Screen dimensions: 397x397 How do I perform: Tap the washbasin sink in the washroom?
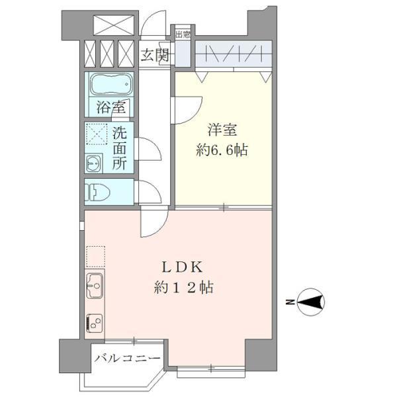92,162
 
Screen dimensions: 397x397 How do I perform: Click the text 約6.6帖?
222,151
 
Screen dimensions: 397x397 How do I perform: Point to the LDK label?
183,268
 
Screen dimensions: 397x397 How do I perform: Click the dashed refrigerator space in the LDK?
95,255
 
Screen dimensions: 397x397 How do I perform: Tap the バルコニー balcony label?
126,359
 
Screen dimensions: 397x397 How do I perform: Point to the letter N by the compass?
289,302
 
